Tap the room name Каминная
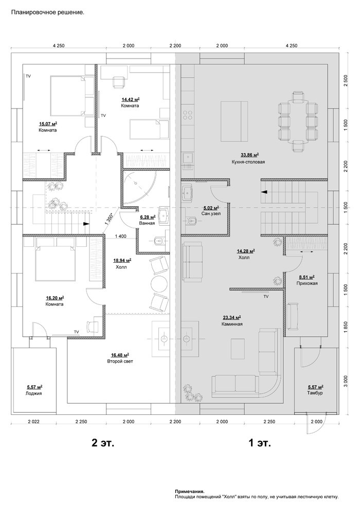click(x=232, y=324)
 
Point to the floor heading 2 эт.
click(x=103, y=443)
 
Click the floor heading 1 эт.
click(x=259, y=443)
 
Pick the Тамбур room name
click(x=315, y=393)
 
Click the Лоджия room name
click(x=34, y=393)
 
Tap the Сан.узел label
click(x=211, y=213)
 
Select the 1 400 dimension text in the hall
click(x=120, y=237)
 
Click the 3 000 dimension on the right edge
click(x=346, y=381)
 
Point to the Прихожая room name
click(x=307, y=283)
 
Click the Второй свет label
click(x=120, y=361)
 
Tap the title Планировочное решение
click(x=48, y=13)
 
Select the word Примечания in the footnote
click(x=190, y=492)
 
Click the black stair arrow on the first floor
click(x=265, y=192)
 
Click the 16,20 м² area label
click(x=55, y=298)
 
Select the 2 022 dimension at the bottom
click(x=33, y=422)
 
